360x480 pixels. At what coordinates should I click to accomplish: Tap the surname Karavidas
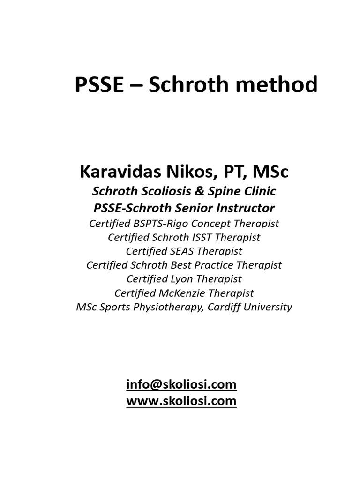118,172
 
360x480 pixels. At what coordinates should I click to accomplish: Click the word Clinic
255,191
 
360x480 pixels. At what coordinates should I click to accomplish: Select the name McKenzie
187,293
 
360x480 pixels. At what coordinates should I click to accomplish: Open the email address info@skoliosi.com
181,385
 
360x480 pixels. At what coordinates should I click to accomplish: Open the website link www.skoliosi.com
181,401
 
